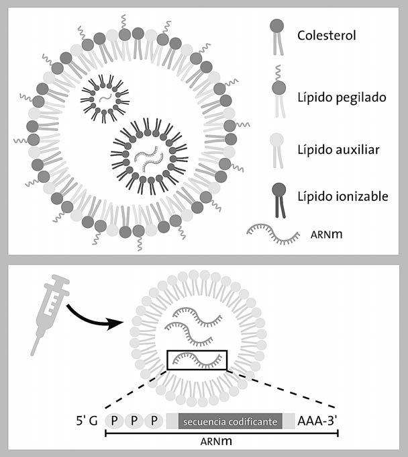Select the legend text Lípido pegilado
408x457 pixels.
coord(341,97)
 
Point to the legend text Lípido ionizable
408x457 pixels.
coord(342,196)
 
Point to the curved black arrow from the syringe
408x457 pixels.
coord(94,315)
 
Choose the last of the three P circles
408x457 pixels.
coord(156,421)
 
